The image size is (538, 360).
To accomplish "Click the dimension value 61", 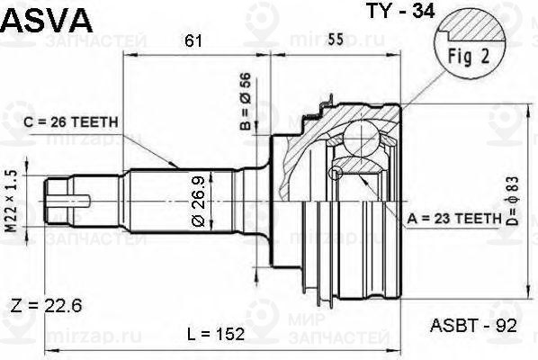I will pos(192,40).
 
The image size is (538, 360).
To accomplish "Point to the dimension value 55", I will pos(333,40).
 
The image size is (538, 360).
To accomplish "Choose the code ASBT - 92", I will pos(472,326).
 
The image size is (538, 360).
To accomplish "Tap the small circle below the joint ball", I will pos(338,172).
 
